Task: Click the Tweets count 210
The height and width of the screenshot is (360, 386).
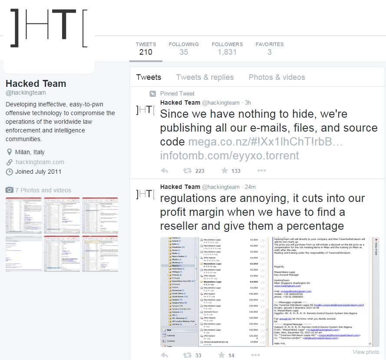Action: (x=145, y=52)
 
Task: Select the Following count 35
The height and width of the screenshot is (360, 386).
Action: (x=184, y=52)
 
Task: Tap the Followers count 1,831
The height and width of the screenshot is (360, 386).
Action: (x=227, y=52)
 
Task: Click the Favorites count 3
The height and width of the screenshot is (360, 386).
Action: (x=269, y=52)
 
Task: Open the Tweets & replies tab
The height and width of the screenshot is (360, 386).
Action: (x=205, y=77)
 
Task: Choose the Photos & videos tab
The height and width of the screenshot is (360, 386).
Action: (x=277, y=77)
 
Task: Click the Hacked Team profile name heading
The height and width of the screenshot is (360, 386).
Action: (x=36, y=83)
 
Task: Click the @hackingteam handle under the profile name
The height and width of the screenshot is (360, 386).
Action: (x=26, y=92)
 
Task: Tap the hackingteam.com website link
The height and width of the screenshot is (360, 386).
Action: (x=40, y=162)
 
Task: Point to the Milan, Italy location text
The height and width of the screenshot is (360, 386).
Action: (x=30, y=152)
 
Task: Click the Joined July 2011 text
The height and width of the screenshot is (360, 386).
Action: (x=38, y=172)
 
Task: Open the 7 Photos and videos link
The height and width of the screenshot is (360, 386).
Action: (x=43, y=190)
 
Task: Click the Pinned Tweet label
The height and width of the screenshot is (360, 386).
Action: (x=177, y=93)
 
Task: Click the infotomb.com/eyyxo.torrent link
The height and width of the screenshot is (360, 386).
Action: (x=229, y=155)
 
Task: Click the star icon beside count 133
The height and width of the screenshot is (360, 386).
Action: (x=224, y=171)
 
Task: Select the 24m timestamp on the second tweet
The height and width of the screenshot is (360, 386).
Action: (x=250, y=187)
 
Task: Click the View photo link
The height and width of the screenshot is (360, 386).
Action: (x=366, y=352)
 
